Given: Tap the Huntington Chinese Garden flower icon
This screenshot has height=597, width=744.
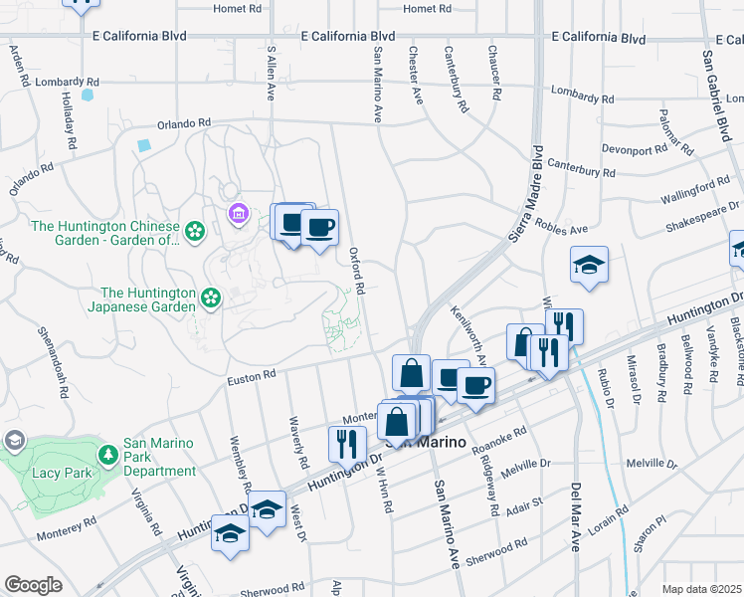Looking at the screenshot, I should [x=194, y=232].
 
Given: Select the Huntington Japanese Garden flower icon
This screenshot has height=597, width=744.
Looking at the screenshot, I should [x=211, y=298].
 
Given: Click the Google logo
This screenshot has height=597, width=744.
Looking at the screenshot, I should [x=33, y=585].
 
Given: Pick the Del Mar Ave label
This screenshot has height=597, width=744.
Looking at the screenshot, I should [x=575, y=516].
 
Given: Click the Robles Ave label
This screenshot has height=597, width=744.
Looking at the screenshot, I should [x=563, y=228].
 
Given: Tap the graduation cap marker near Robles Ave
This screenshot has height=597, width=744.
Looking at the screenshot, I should [x=589, y=264].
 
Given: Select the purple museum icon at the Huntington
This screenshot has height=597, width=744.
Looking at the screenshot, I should [x=238, y=213].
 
